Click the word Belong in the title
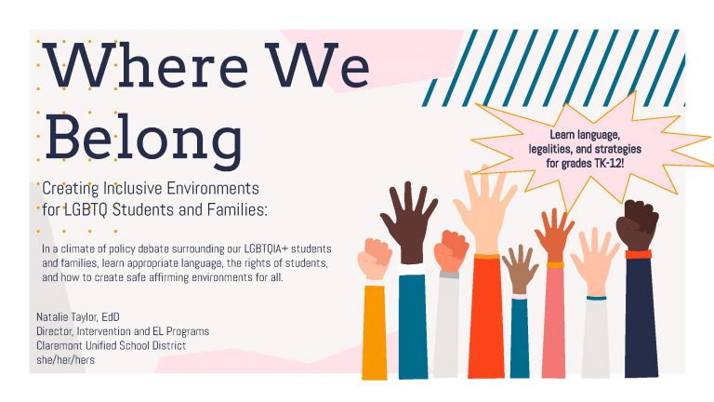pyautogui.click(x=143, y=137)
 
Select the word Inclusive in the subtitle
pyautogui.click(x=133, y=188)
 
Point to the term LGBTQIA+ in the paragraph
pyautogui.click(x=266, y=248)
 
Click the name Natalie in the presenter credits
pyautogui.click(x=52, y=316)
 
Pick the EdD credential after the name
pyautogui.click(x=111, y=316)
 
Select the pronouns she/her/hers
pyautogui.click(x=66, y=359)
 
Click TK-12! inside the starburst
pyautogui.click(x=609, y=163)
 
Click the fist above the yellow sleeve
pyautogui.click(x=375, y=259)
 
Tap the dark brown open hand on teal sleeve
pyautogui.click(x=408, y=222)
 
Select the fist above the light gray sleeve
pyautogui.click(x=450, y=251)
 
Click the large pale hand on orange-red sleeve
pyautogui.click(x=484, y=209)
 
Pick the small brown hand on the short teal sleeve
pyautogui.click(x=520, y=269)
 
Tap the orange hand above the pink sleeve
pyautogui.click(x=555, y=234)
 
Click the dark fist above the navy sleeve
pyautogui.click(x=637, y=225)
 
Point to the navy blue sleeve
pyautogui.click(x=641, y=318)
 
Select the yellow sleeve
pyautogui.click(x=375, y=332)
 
